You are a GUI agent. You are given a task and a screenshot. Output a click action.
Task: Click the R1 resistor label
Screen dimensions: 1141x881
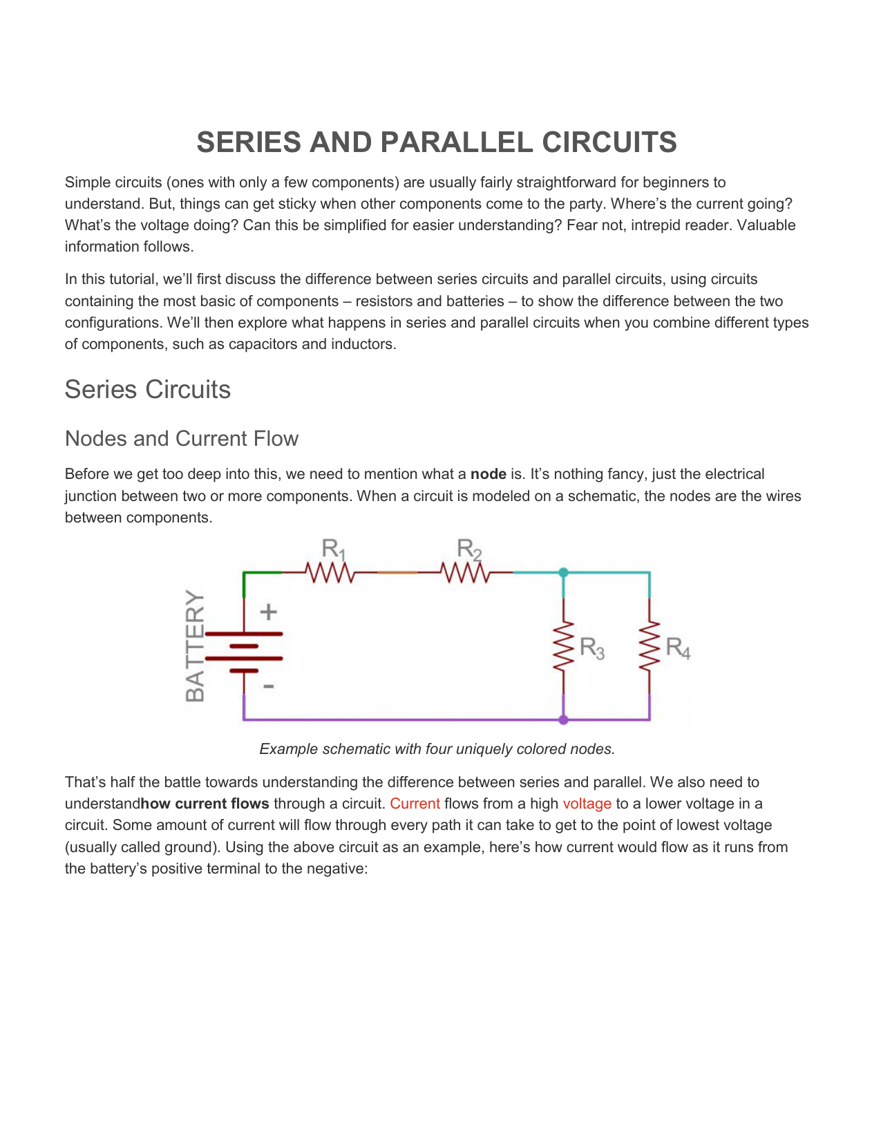coord(334,550)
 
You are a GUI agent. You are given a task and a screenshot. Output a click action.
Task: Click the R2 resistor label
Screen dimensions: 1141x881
coord(469,550)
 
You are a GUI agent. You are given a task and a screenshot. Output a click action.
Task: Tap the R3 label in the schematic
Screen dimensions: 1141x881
coord(591,648)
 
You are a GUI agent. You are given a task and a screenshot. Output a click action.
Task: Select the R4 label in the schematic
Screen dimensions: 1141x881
coord(677,648)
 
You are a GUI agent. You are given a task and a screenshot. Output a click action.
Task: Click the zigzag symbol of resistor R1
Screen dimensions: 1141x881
coord(330,573)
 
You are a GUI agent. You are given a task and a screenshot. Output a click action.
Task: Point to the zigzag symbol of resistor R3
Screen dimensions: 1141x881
coord(564,645)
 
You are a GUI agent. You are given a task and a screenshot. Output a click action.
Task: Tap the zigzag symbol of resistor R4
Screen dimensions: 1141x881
coord(650,645)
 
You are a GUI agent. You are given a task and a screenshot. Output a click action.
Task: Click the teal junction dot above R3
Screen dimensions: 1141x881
coord(564,572)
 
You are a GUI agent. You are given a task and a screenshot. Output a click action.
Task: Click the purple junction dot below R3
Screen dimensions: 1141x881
coord(564,720)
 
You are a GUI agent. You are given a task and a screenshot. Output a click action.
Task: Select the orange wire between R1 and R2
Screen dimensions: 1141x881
coord(398,573)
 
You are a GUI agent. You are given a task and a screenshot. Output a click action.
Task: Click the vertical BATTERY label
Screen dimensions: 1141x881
coord(196,646)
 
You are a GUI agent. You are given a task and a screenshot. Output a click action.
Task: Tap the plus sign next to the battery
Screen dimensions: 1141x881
coord(268,612)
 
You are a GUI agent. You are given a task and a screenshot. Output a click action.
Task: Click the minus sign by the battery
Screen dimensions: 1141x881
coord(269,686)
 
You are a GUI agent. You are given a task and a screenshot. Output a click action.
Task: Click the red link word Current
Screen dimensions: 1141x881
coord(415,804)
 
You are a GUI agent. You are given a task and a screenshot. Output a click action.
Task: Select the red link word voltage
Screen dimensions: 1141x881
coord(587,804)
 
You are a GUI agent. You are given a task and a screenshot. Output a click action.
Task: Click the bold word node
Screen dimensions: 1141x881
coord(488,474)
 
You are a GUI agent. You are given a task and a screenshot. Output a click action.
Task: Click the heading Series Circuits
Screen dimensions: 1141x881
coord(147,390)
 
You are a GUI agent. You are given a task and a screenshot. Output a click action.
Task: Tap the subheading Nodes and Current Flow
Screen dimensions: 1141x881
coord(181,439)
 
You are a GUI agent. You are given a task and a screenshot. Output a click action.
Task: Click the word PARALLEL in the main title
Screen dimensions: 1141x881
coord(457,142)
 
